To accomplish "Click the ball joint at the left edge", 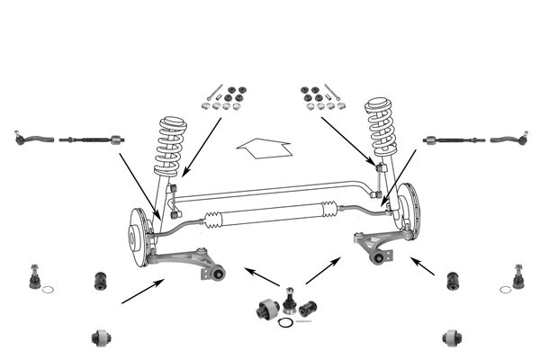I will point(34,276).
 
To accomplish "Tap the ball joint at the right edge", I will point(517,276).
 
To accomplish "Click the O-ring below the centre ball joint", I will point(285,322).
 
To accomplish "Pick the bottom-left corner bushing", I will point(101,337).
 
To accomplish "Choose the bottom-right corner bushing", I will point(454,337).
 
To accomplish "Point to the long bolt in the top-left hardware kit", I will point(214,92).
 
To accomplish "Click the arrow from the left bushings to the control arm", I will point(143,291).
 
